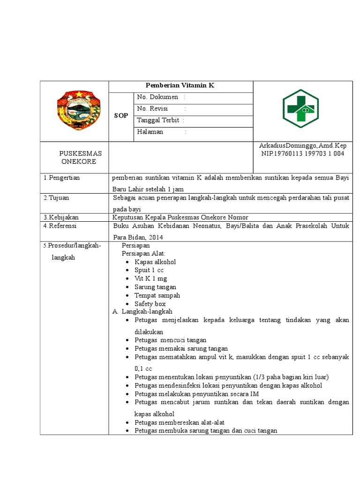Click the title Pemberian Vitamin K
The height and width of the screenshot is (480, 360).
pyautogui.click(x=180, y=86)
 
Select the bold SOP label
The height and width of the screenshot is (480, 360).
pyautogui.click(x=121, y=116)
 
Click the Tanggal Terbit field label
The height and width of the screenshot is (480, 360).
pyautogui.click(x=158, y=120)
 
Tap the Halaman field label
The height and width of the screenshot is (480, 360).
pyautogui.click(x=150, y=132)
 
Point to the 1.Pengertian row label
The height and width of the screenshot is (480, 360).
pyautogui.click(x=61, y=178)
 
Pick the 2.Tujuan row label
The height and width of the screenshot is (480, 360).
pyautogui.click(x=56, y=198)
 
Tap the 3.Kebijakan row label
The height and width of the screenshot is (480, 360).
pyautogui.click(x=61, y=217)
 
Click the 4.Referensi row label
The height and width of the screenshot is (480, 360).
pyautogui.click(x=60, y=225)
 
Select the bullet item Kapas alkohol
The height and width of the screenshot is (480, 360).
pyautogui.click(x=155, y=262)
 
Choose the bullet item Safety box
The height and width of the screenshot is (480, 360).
pyautogui.click(x=150, y=304)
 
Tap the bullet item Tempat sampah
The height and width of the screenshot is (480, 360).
pyautogui.click(x=157, y=295)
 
